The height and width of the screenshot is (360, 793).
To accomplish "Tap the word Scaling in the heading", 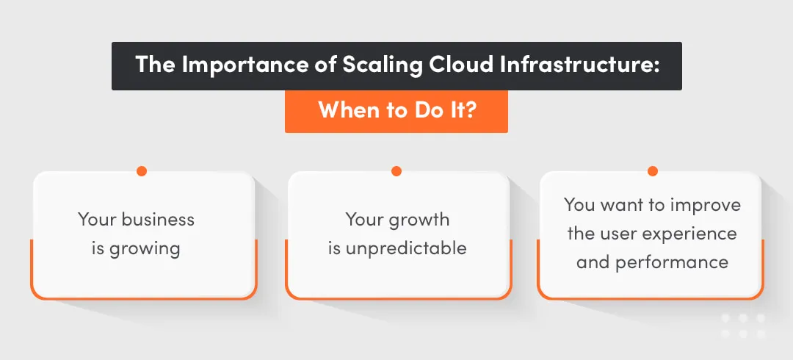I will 373,65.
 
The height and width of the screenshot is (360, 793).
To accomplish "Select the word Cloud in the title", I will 456,65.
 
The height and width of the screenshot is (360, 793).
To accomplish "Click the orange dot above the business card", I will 142,171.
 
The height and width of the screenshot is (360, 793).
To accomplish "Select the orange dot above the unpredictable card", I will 396,171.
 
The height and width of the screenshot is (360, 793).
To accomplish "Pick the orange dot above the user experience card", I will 652,171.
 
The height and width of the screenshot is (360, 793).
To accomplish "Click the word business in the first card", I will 158,219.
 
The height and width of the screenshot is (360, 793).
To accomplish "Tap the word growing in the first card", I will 145,248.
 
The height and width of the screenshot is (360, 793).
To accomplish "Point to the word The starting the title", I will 155,65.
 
